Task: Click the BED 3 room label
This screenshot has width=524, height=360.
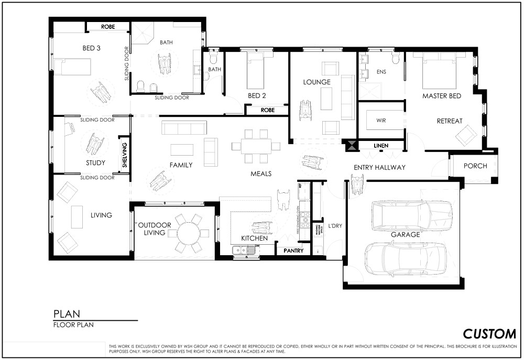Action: [x=92, y=48]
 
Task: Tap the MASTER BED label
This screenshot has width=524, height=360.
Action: [x=442, y=96]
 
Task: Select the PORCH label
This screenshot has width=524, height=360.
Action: [x=475, y=166]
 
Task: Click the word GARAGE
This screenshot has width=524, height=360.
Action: [x=405, y=235]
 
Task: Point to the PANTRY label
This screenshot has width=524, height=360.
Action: [x=293, y=251]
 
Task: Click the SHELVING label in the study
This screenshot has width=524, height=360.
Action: [x=125, y=155]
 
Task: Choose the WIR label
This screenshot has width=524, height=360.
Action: [x=381, y=120]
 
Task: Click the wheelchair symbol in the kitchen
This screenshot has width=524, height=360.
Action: [x=261, y=227]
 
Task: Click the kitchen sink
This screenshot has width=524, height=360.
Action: [x=244, y=251]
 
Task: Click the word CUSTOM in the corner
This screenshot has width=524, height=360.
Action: [x=489, y=334]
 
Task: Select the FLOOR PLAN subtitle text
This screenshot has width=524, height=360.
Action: [x=73, y=324]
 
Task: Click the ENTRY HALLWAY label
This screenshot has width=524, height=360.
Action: [x=380, y=168]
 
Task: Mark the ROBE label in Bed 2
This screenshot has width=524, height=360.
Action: [x=267, y=111]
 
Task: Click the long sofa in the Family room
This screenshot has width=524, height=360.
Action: [x=183, y=127]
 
